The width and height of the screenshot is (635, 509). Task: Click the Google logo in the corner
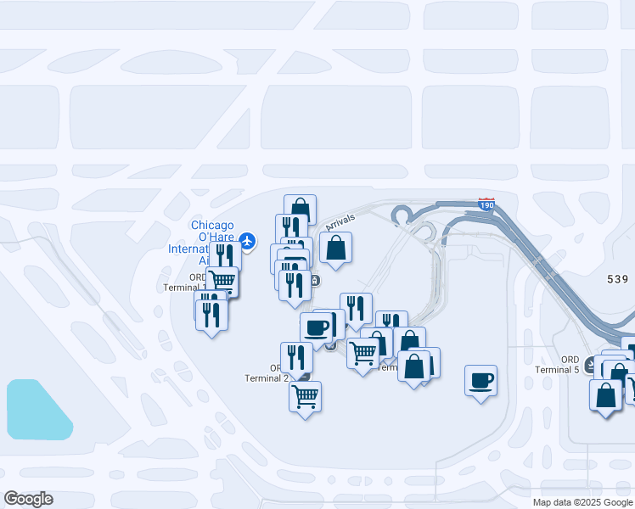click(x=28, y=499)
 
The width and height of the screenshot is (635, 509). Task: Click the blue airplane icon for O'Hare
click(x=247, y=242)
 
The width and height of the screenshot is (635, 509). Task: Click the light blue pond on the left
click(x=39, y=410)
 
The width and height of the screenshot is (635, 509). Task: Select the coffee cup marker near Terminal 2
click(x=317, y=327)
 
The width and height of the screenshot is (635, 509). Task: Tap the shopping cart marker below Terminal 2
click(x=305, y=395)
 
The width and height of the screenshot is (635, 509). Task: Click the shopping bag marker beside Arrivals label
click(x=335, y=249)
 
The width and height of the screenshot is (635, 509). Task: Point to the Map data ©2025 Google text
click(x=582, y=502)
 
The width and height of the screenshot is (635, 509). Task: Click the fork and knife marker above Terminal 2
click(x=296, y=357)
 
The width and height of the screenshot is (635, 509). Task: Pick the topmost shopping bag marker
click(x=300, y=208)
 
